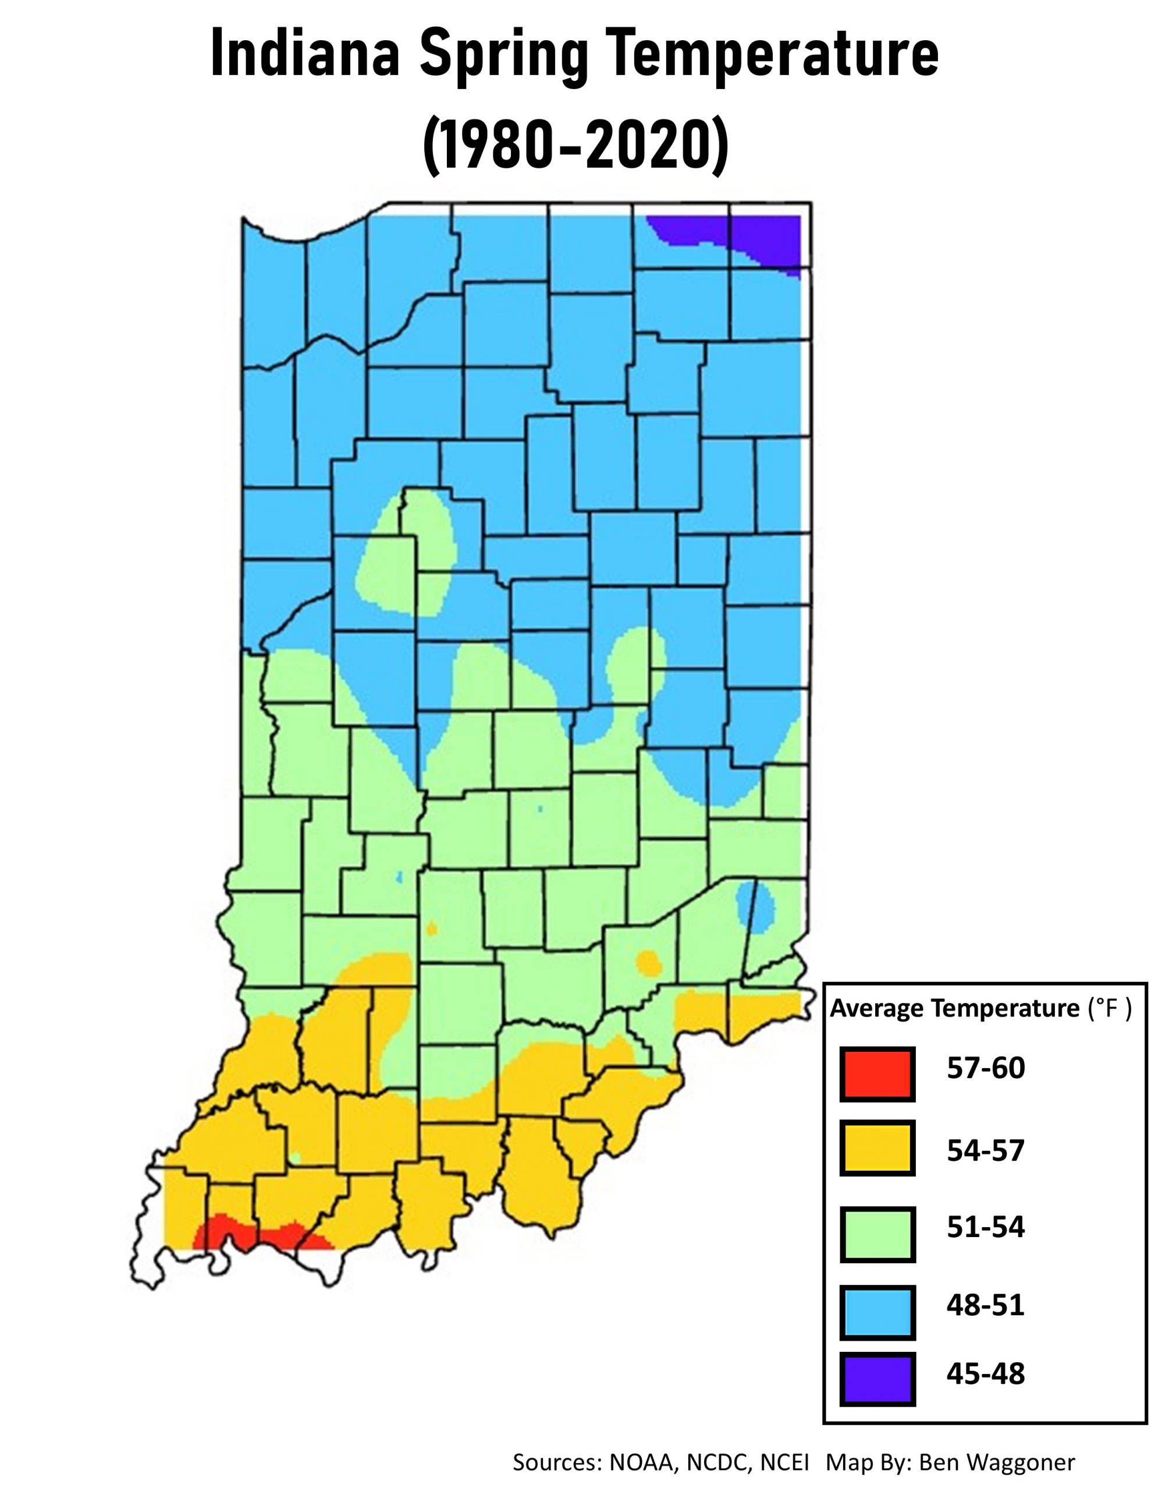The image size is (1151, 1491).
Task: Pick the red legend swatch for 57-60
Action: click(x=877, y=1074)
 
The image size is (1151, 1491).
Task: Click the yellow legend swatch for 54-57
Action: click(x=877, y=1150)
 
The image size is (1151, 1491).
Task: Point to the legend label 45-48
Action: click(x=985, y=1373)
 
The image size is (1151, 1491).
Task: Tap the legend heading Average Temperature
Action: click(x=954, y=1008)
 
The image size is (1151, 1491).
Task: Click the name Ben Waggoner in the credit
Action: click(x=996, y=1462)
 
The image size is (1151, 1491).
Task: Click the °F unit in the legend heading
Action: click(x=1108, y=1008)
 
